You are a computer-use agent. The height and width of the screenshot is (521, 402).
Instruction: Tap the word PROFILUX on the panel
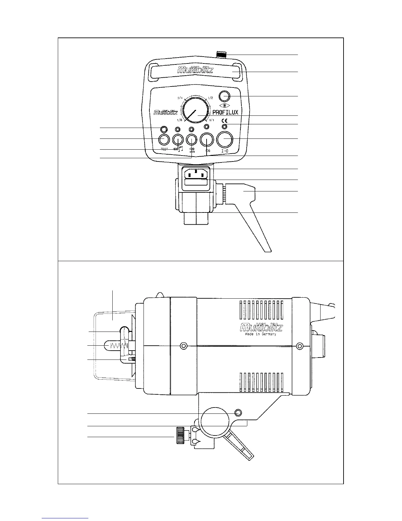(x=225, y=112)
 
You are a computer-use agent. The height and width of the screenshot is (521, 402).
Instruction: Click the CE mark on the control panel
(x=225, y=121)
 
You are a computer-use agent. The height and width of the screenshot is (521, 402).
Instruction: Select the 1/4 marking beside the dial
(x=180, y=98)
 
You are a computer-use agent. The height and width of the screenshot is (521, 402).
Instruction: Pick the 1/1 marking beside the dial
(x=212, y=120)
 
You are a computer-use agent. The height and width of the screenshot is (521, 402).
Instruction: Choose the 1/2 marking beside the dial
(x=211, y=98)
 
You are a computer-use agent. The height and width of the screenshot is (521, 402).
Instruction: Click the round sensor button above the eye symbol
(x=224, y=96)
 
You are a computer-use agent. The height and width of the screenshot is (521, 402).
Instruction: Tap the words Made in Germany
(x=261, y=334)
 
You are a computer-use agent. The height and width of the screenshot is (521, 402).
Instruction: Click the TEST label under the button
(x=164, y=149)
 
